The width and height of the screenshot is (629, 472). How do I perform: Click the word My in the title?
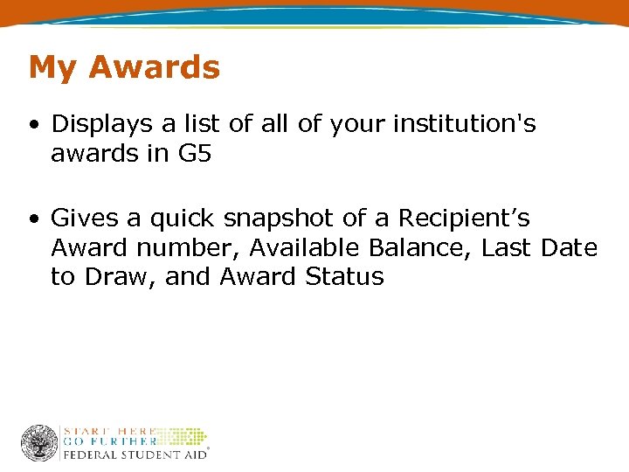point(50,68)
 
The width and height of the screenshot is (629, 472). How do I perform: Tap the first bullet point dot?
point(33,125)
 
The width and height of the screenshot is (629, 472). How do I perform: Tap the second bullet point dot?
point(33,218)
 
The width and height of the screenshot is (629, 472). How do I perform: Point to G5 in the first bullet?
point(196,154)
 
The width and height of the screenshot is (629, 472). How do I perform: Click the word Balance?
point(422,247)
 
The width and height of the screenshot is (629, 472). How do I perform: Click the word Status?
point(344,277)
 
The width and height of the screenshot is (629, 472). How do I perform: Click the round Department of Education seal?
point(39,443)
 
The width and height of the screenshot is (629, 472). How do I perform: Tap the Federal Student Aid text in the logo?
point(134,454)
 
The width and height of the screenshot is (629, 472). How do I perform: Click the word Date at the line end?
point(569,247)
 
